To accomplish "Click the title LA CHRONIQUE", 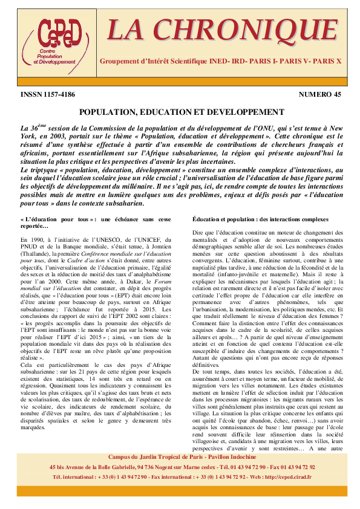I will tap(222, 30).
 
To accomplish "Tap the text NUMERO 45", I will tap(319, 95).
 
